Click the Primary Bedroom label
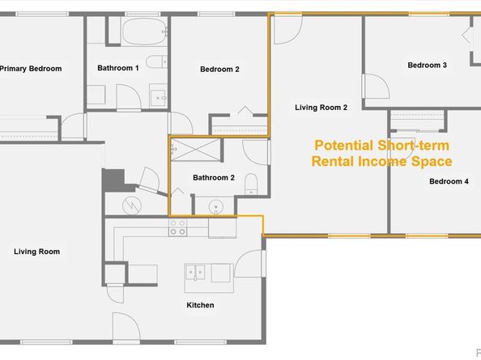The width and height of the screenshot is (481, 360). tap(31, 69)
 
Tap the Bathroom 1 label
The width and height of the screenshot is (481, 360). tap(118, 69)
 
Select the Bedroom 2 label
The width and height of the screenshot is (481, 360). tap(219, 70)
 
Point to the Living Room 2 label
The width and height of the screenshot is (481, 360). tap(321, 107)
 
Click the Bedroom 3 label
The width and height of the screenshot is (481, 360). tap(427, 66)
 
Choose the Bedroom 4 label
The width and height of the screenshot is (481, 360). tap(449, 181)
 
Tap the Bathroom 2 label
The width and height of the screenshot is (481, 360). tap(214, 177)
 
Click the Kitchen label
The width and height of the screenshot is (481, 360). tap(200, 305)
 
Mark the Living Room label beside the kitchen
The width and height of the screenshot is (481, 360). tap(36, 252)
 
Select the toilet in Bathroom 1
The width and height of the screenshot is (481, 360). tap(157, 64)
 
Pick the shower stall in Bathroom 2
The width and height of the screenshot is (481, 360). tap(194, 150)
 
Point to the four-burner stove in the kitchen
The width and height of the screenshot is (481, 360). tap(177, 227)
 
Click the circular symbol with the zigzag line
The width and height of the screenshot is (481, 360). tap(131, 206)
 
